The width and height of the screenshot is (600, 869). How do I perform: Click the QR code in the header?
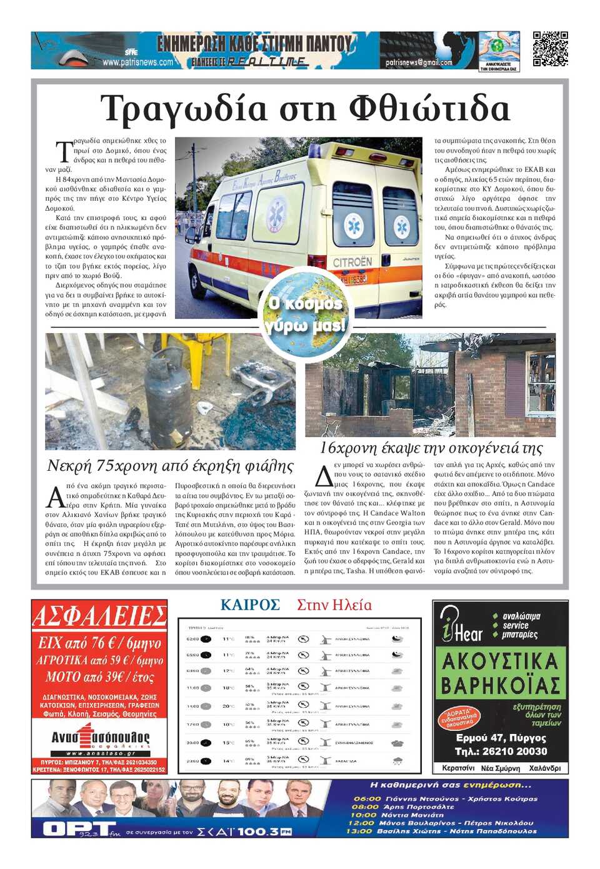point(550,49)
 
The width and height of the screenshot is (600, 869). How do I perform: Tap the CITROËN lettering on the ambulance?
point(352,262)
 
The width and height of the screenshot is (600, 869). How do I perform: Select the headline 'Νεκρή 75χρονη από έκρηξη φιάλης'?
point(170,466)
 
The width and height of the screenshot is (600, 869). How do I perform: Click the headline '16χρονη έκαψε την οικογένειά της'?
point(431,448)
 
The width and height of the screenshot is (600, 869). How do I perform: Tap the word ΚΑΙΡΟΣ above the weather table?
point(250,605)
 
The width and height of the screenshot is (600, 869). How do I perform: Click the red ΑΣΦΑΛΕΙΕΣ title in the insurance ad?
point(99,616)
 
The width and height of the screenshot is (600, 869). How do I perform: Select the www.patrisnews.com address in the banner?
point(137,62)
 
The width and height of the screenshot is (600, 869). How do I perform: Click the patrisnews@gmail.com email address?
point(419,63)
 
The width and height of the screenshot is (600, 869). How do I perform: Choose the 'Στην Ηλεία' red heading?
point(334,605)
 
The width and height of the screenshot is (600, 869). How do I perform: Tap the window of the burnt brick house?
point(541,381)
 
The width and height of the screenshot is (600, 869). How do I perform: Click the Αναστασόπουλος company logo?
point(100,737)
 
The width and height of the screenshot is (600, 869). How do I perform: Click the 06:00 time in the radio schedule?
point(367,798)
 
